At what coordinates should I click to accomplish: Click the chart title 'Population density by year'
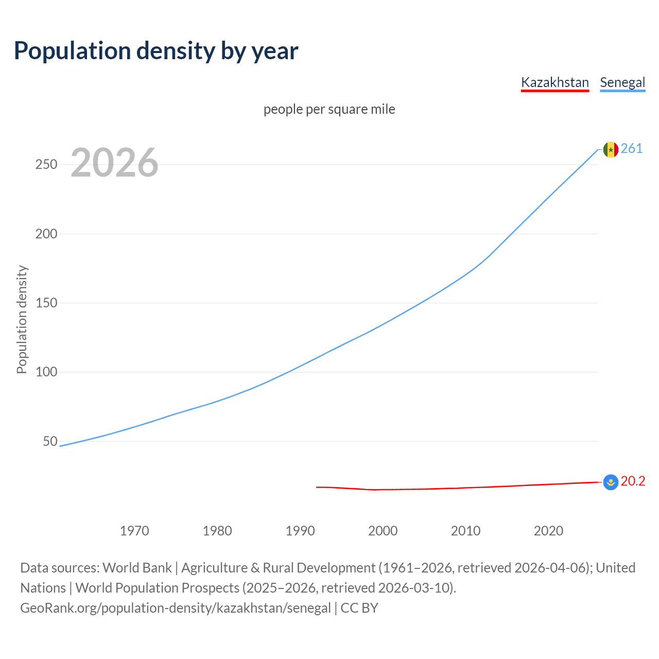156,51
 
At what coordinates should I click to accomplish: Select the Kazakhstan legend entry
554,82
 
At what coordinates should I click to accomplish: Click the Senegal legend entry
622,82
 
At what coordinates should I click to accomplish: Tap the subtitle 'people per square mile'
329,109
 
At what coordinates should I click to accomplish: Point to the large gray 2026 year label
114,163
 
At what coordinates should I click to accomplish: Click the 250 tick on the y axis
46,165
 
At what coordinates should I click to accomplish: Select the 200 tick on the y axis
46,234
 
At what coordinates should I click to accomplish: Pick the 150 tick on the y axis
46,303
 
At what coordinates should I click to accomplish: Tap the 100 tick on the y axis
46,372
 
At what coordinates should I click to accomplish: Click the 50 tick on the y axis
50,441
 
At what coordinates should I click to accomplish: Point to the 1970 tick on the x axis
134,531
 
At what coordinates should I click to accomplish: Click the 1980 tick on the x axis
217,531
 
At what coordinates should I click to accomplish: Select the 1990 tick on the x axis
300,531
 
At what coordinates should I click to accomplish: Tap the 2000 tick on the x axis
383,531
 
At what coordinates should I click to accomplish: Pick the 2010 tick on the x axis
465,531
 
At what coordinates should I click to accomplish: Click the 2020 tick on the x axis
548,531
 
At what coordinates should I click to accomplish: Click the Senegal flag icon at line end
611,149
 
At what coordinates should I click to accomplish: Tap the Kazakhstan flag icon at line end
611,482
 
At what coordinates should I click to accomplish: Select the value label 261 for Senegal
632,149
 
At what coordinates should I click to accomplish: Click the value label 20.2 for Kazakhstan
633,481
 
